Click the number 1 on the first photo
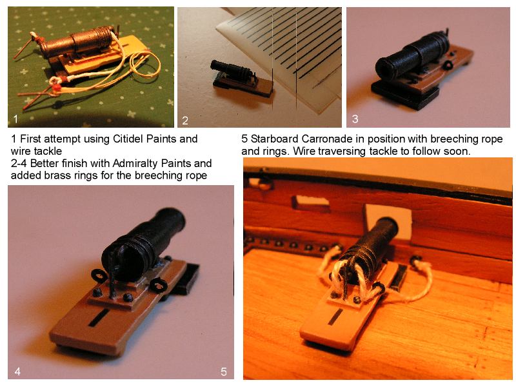point(15,119)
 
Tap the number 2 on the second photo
point(185,121)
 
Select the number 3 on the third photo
point(355,119)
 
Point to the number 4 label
point(17,372)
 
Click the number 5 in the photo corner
point(224,372)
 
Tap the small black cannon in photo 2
point(232,70)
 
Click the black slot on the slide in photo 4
point(99,317)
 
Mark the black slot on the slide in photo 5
point(336,316)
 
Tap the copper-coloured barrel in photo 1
point(79,42)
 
